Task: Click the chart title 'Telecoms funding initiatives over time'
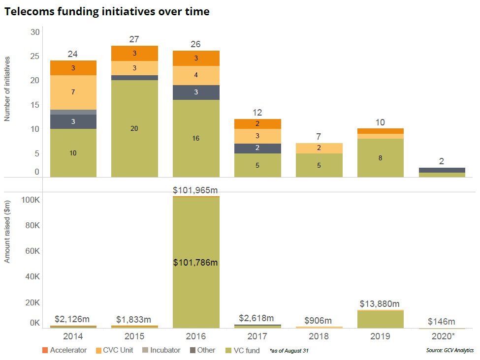pyautogui.click(x=107, y=12)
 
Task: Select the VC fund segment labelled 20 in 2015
pyautogui.click(x=134, y=128)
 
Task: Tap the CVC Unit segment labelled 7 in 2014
pyautogui.click(x=73, y=92)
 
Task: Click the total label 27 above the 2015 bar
pyautogui.click(x=134, y=39)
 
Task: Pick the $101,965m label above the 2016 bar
pyautogui.click(x=195, y=190)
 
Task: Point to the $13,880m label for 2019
pyautogui.click(x=380, y=304)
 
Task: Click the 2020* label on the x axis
pyautogui.click(x=442, y=336)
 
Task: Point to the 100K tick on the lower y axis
pyautogui.click(x=31, y=200)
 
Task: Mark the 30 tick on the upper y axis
pyautogui.click(x=35, y=32)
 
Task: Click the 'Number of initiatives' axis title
pyautogui.click(x=7, y=89)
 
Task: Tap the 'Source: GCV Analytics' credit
pyautogui.click(x=449, y=350)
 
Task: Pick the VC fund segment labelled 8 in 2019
pyautogui.click(x=380, y=158)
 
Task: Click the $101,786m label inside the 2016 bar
pyautogui.click(x=195, y=263)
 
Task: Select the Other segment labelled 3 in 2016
pyautogui.click(x=196, y=92)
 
